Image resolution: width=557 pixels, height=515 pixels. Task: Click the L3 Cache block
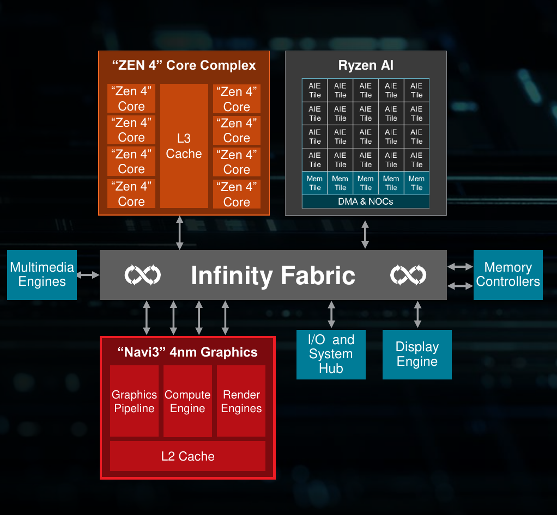184,146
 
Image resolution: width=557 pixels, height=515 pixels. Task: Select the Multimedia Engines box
42,275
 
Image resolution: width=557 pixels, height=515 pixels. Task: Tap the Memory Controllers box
508,275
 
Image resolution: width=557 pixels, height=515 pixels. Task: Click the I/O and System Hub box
331,354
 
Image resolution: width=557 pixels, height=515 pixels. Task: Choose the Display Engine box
417,354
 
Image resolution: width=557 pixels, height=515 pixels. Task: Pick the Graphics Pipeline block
134,401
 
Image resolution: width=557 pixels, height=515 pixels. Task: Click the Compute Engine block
187,401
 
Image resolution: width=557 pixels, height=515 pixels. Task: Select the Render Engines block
241,401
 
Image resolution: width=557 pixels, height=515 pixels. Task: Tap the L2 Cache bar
187,456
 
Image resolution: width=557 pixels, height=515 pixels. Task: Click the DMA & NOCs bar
366,201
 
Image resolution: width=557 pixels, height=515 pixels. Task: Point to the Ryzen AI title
366,65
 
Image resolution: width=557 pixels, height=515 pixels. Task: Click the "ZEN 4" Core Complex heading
184,65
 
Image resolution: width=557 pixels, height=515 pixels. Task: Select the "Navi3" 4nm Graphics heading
187,352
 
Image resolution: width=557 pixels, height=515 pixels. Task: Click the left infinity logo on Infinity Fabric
142,275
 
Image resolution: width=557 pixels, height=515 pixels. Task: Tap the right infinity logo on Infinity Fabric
408,275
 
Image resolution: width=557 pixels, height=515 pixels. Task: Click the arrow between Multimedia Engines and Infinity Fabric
88,275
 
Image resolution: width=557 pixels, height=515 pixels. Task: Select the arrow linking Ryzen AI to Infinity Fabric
365,235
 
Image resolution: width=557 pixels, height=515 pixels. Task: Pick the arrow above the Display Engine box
417,315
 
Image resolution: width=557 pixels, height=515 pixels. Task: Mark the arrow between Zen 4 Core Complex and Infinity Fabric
180,233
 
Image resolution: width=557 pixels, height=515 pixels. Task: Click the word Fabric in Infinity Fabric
318,275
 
